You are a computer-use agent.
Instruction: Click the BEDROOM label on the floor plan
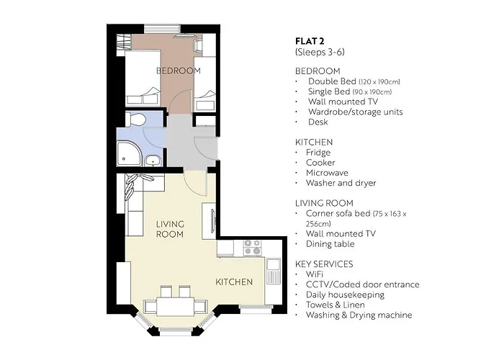(x=179, y=70)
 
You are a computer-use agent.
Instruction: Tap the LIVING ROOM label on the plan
(x=170, y=229)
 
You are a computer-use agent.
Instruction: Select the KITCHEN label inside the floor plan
(x=234, y=282)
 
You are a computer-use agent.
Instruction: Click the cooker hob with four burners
(x=253, y=248)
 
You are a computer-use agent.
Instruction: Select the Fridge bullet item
(x=318, y=153)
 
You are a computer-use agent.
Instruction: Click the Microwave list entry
(x=328, y=173)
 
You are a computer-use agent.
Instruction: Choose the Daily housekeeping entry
(x=345, y=294)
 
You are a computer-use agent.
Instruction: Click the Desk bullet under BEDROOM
(x=318, y=122)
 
